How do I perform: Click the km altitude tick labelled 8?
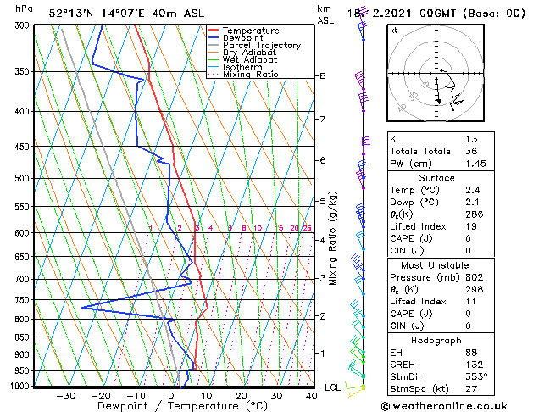click(322, 76)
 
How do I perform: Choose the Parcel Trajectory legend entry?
click(261, 46)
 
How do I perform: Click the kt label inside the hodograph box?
click(393, 31)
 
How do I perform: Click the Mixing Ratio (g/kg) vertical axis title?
click(334, 238)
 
